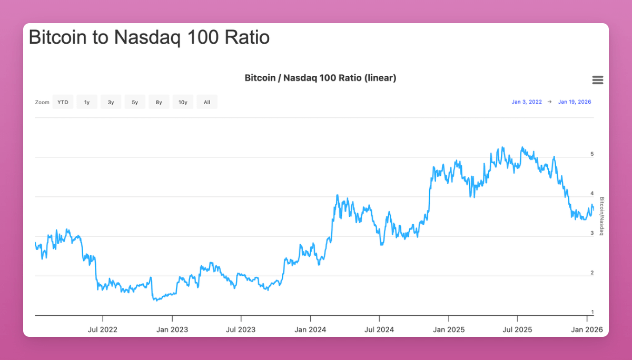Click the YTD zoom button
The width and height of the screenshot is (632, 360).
tap(63, 102)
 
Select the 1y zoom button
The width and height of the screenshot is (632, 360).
tap(86, 102)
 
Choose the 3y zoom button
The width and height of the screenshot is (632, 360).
tap(111, 102)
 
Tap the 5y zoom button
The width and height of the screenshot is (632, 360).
tap(135, 102)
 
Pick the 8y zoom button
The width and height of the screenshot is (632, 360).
tap(159, 102)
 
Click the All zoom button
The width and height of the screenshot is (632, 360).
tap(206, 102)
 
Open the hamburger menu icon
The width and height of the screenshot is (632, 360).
tap(597, 80)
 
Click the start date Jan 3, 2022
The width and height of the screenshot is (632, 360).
tap(526, 102)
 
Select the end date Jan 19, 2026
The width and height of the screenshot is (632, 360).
tap(574, 102)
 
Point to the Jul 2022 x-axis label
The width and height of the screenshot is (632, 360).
tap(103, 329)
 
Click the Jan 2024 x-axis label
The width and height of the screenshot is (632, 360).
tap(310, 329)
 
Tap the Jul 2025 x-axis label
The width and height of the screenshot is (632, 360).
tap(517, 329)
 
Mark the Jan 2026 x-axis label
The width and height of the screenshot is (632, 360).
tap(586, 329)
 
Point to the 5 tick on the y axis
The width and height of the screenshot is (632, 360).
tap(592, 154)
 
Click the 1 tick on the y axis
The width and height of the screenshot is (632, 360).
tap(592, 312)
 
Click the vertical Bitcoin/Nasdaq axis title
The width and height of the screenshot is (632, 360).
tap(602, 216)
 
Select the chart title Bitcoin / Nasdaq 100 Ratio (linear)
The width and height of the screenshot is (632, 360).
tap(320, 78)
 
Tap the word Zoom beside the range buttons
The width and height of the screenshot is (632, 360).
tap(42, 102)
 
